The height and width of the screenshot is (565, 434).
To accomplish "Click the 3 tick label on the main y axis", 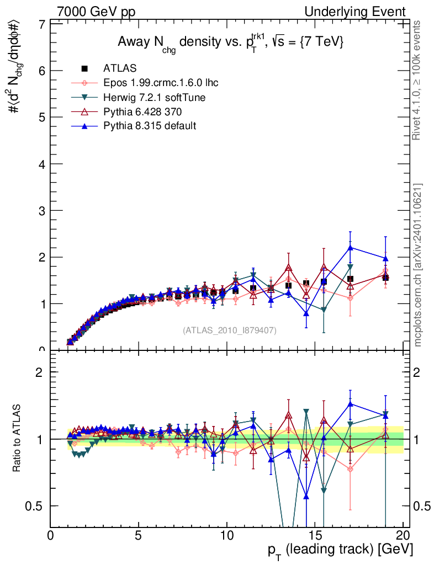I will point(42,211).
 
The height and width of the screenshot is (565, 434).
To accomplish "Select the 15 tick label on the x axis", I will point(314,536).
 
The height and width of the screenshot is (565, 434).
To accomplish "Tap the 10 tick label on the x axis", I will point(226,536).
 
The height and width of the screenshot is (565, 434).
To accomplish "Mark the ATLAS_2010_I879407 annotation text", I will point(230,330).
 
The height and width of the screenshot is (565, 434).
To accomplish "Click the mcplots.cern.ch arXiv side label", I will point(419,265).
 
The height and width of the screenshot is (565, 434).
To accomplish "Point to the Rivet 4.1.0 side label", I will point(419,81).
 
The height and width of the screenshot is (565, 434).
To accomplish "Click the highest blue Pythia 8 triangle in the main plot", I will point(350,248).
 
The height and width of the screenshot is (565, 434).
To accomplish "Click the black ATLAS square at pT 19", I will point(385,277).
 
